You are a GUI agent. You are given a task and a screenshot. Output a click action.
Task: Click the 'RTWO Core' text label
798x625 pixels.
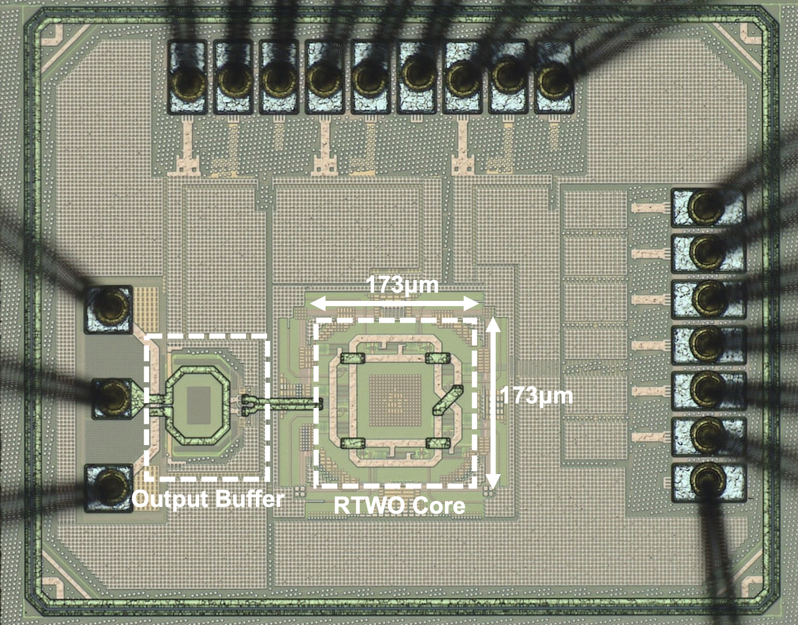coord(399,506)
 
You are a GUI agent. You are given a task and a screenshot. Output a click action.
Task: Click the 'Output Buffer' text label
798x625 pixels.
coord(208,499)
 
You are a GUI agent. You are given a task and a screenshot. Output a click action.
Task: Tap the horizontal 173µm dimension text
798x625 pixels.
coord(402,285)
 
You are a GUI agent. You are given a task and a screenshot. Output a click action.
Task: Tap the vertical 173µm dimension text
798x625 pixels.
coord(536,396)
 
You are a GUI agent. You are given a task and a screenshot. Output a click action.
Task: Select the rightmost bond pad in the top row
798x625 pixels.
coord(555,77)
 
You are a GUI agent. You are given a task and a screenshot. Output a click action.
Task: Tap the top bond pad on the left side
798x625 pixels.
coord(109,309)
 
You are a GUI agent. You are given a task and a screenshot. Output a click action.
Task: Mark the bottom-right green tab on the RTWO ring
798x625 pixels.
coord(438,443)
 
